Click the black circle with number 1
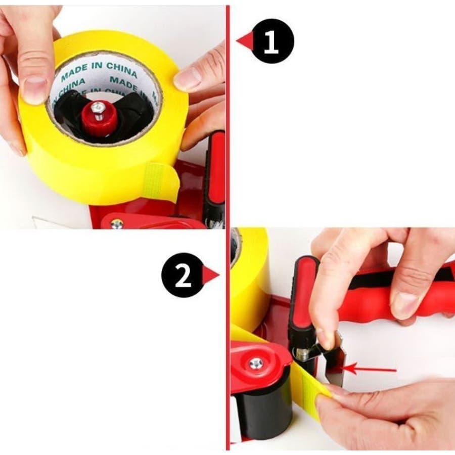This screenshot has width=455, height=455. (x=271, y=41)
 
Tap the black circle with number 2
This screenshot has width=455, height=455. (x=183, y=275)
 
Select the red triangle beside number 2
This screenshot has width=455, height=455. (x=211, y=275)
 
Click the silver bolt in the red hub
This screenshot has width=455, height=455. (x=97, y=109)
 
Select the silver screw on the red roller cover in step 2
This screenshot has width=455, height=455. (x=256, y=363)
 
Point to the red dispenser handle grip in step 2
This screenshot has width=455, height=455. (x=386, y=293)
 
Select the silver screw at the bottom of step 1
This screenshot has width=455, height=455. (x=117, y=224)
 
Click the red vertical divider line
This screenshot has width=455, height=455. (x=228, y=228)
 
